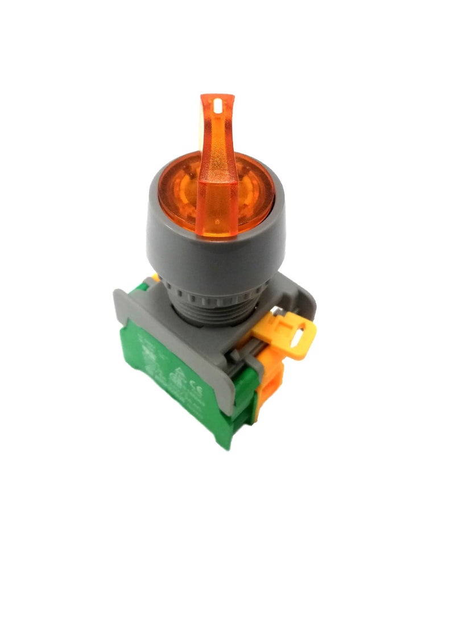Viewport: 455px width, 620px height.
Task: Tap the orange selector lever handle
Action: pyautogui.click(x=218, y=170)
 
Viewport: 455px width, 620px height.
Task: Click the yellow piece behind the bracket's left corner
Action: pyautogui.click(x=154, y=278)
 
